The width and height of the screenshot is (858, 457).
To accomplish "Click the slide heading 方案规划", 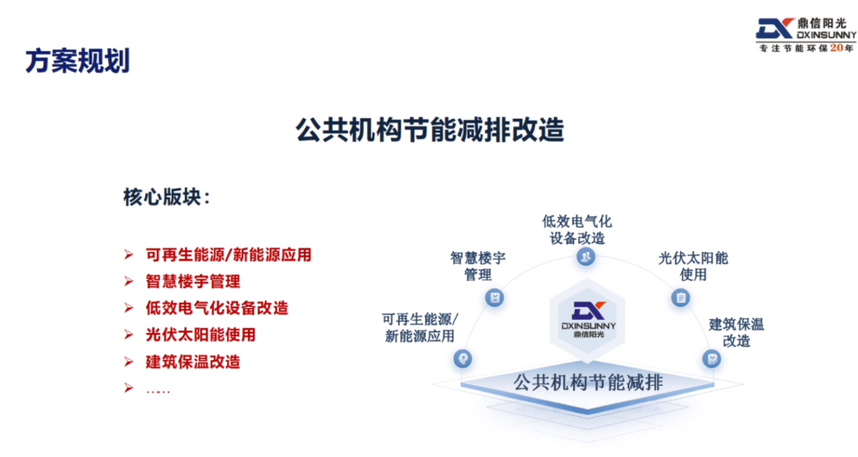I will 77,61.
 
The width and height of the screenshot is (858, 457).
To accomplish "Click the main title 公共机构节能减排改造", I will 430,131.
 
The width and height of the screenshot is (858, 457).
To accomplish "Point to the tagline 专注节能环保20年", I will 805,49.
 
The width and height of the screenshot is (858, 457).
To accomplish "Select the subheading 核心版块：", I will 168,198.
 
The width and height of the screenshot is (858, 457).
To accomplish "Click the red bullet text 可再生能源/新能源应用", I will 229,254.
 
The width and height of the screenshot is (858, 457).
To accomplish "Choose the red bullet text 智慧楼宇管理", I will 194,281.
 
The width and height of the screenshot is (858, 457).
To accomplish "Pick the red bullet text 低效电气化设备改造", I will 217,308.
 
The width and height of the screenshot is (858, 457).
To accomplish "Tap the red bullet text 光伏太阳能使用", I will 200,335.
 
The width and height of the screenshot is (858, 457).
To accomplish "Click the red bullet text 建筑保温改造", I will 194,362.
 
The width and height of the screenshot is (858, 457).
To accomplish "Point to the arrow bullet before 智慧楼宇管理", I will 128,281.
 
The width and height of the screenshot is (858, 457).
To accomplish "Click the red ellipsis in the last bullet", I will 158,389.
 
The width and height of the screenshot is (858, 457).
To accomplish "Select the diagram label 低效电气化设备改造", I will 577,229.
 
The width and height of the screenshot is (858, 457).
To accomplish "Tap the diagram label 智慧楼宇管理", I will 478,266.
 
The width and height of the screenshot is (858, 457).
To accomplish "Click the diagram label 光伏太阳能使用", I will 694,266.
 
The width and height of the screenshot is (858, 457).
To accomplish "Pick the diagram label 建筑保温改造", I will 737,332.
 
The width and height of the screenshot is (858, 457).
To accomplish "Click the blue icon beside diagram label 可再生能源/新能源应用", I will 462,358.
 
